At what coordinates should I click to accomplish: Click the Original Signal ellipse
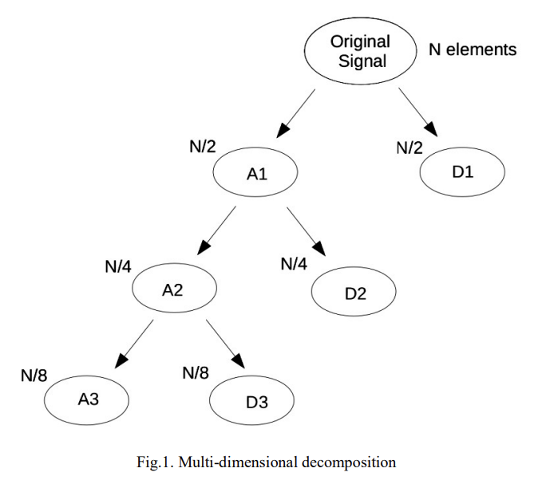(362, 51)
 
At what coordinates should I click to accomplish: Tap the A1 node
(255, 173)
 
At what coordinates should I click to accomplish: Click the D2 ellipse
(354, 293)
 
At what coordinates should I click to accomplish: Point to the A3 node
(88, 399)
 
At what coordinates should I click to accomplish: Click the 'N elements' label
(473, 50)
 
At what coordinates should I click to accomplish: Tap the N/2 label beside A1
(203, 147)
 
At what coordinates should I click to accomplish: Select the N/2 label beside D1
(410, 148)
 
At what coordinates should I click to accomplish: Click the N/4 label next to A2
(117, 266)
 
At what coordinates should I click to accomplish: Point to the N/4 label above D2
(294, 264)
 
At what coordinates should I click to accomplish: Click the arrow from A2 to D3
(225, 344)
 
